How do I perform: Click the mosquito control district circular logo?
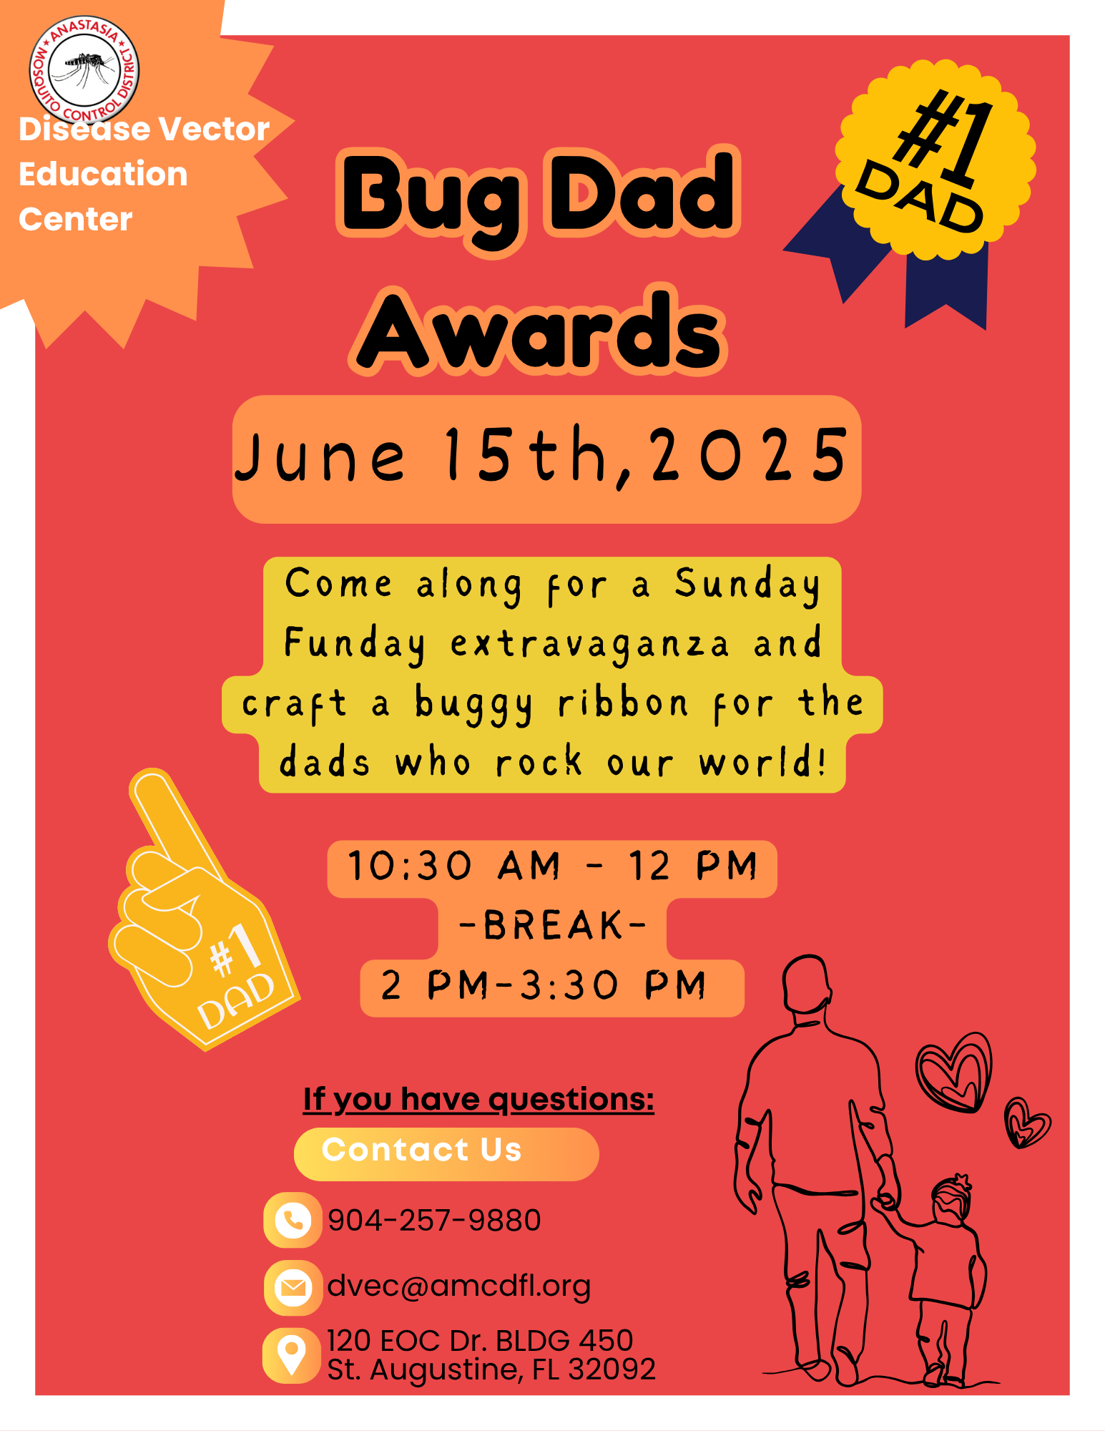[84, 70]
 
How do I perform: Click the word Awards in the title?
[539, 331]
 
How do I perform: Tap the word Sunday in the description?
[747, 585]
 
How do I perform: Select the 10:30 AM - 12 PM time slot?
[552, 866]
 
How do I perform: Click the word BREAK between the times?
[553, 926]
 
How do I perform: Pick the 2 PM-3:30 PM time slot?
[544, 985]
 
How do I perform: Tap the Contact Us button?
[446, 1153]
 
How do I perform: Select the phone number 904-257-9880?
[434, 1220]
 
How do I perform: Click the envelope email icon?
[293, 1288]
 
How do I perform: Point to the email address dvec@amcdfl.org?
[459, 1286]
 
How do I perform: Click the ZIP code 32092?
[612, 1369]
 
